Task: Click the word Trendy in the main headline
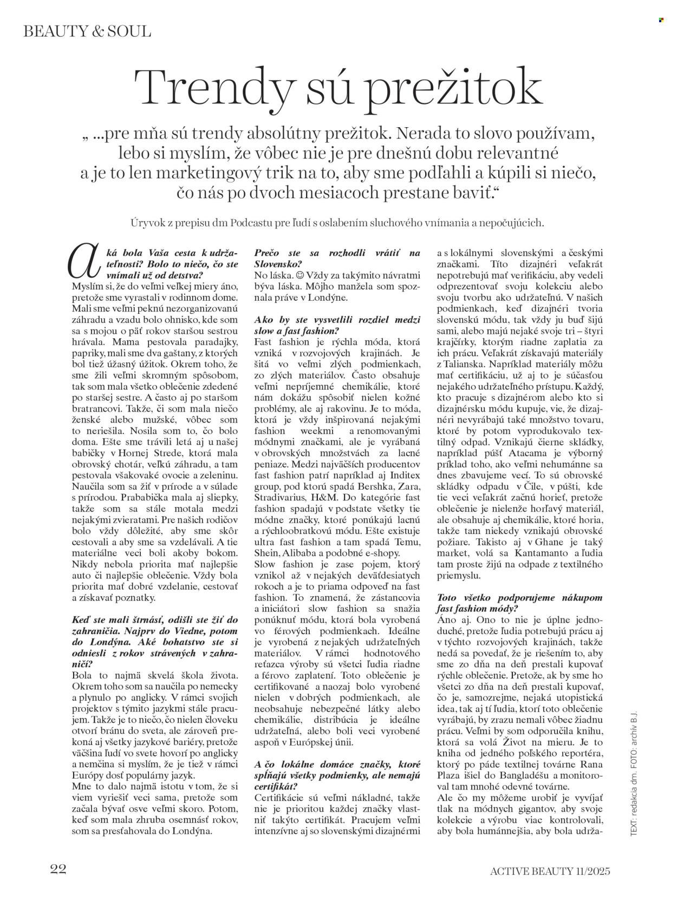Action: (214, 87)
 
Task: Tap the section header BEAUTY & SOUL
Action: (87, 31)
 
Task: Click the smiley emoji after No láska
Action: (295, 275)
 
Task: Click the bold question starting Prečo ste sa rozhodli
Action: (337, 258)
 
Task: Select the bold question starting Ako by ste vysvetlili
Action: (337, 325)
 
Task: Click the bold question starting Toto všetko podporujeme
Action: (519, 602)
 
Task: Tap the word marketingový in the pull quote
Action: (230, 174)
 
